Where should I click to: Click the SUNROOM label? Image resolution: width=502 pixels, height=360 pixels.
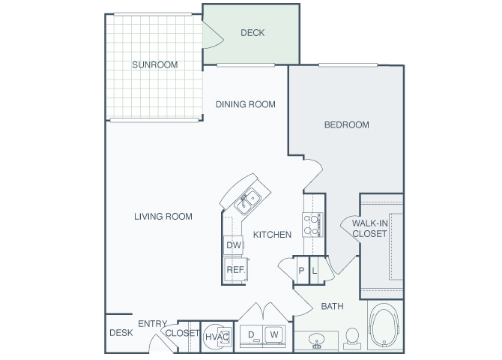coord(155,64)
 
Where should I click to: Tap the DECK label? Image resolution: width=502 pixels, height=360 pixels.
coord(252,33)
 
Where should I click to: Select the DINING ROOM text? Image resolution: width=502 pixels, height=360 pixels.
coord(246,104)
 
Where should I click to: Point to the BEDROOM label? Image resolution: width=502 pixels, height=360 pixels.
coord(346,124)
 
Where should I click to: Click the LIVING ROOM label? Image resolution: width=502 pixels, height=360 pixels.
coord(163,217)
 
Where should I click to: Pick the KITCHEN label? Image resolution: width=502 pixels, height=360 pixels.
coord(272,235)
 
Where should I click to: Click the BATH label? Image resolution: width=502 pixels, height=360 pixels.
coord(332,306)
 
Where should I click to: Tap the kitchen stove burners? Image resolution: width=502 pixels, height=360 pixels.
coord(312,224)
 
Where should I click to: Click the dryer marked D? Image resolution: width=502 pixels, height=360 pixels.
coord(252,334)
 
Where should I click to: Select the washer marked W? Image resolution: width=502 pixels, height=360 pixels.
coord(274,334)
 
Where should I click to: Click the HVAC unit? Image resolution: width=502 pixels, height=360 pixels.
coord(217,335)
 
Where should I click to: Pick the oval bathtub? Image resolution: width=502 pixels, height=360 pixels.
coord(385,328)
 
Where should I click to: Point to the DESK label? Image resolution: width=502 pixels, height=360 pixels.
coord(121,332)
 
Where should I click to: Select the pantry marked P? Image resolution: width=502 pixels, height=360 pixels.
coord(301,271)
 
